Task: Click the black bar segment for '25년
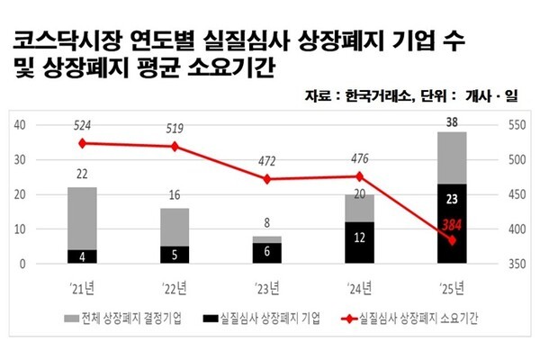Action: point(453,224)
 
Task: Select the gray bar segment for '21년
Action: point(82,218)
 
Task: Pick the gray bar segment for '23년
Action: point(267,239)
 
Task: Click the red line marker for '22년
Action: point(175,146)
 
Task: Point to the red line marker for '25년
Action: point(453,240)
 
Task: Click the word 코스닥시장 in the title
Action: point(56,40)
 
